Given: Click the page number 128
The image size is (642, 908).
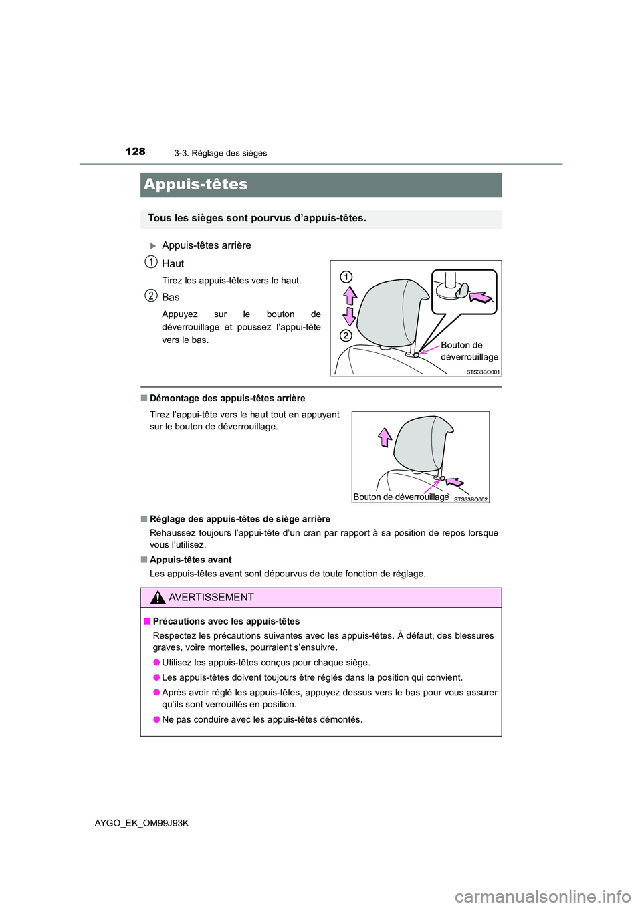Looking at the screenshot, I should (135, 152).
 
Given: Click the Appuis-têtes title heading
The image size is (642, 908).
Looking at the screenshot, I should (196, 185).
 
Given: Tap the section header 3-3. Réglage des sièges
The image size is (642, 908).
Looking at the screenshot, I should (220, 153).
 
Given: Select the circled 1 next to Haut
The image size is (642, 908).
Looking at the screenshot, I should (152, 262).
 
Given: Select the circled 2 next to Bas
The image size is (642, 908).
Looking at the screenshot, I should (152, 296).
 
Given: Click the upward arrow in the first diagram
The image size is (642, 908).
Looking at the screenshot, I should (350, 295).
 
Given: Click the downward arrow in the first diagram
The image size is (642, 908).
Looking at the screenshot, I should (350, 315).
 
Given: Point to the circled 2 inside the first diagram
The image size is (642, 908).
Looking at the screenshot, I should (345, 335).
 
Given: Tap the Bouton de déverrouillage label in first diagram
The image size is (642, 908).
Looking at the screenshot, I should (469, 351).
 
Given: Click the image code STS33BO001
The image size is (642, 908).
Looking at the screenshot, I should (483, 372).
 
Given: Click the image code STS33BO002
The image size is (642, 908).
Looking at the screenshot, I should (471, 499).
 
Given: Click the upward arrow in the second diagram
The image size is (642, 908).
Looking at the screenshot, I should (385, 437).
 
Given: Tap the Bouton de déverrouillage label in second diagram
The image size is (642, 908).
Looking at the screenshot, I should (401, 497).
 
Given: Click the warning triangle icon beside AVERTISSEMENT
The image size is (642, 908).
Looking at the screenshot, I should (158, 598).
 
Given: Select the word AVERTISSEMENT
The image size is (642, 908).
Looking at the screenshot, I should (211, 598).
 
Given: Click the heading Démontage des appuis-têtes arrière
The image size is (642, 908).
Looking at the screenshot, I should (227, 399).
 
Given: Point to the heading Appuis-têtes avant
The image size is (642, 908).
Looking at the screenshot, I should (191, 560).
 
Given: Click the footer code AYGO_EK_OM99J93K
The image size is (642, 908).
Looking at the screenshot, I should (142, 823).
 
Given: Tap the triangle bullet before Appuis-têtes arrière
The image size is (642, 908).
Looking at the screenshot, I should (153, 246).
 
